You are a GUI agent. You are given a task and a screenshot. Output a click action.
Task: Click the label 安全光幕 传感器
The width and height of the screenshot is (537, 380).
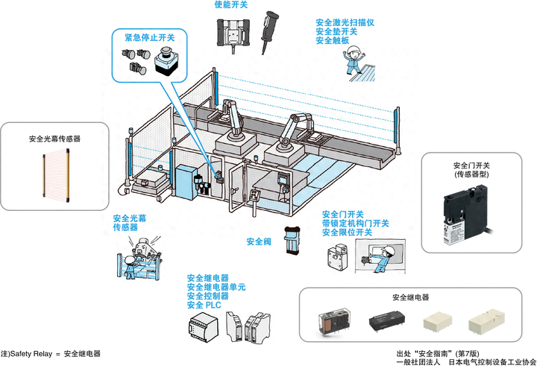[x=126, y=224]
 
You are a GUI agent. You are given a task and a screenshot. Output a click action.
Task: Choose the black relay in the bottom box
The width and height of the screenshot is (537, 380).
[x=386, y=321]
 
